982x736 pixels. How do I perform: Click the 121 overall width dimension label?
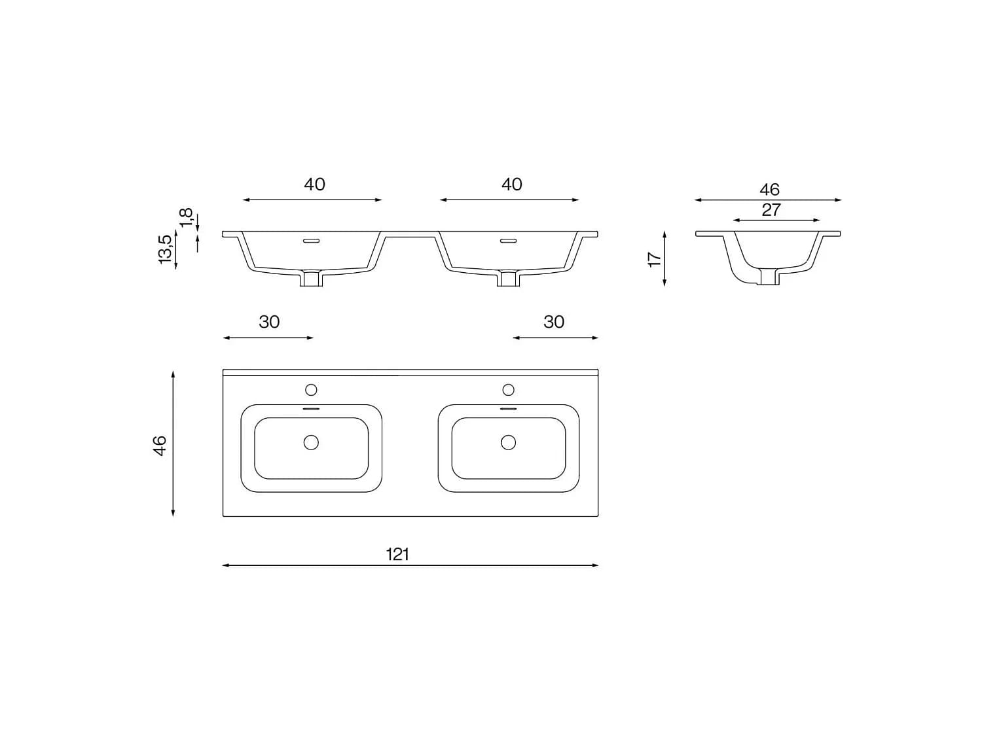(397, 555)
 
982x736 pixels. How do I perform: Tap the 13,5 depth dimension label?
(165, 249)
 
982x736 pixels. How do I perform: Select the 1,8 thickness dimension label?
(187, 218)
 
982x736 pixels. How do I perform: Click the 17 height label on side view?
(655, 260)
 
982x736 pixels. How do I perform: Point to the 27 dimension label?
(771, 210)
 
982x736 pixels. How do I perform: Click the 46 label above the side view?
(769, 190)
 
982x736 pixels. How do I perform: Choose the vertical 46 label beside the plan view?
(160, 446)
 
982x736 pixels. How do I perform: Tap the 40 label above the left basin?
(314, 184)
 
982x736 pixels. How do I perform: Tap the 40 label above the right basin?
(512, 184)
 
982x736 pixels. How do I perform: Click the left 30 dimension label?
(269, 322)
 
